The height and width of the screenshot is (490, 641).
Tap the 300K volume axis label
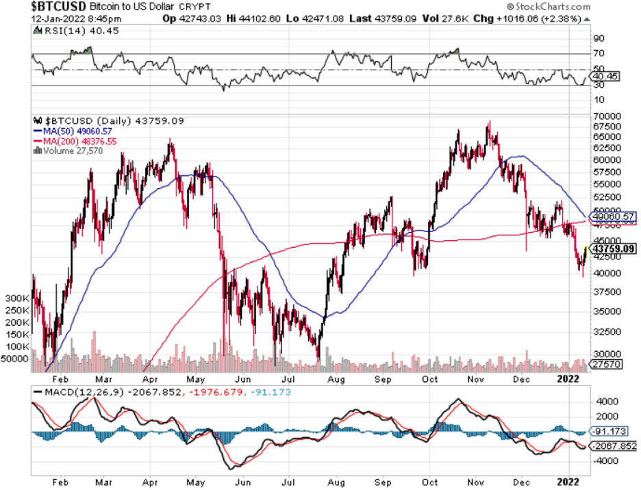click(16, 299)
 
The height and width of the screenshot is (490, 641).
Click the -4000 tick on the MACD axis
click(605, 461)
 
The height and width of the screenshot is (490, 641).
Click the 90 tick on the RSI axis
click(599, 38)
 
